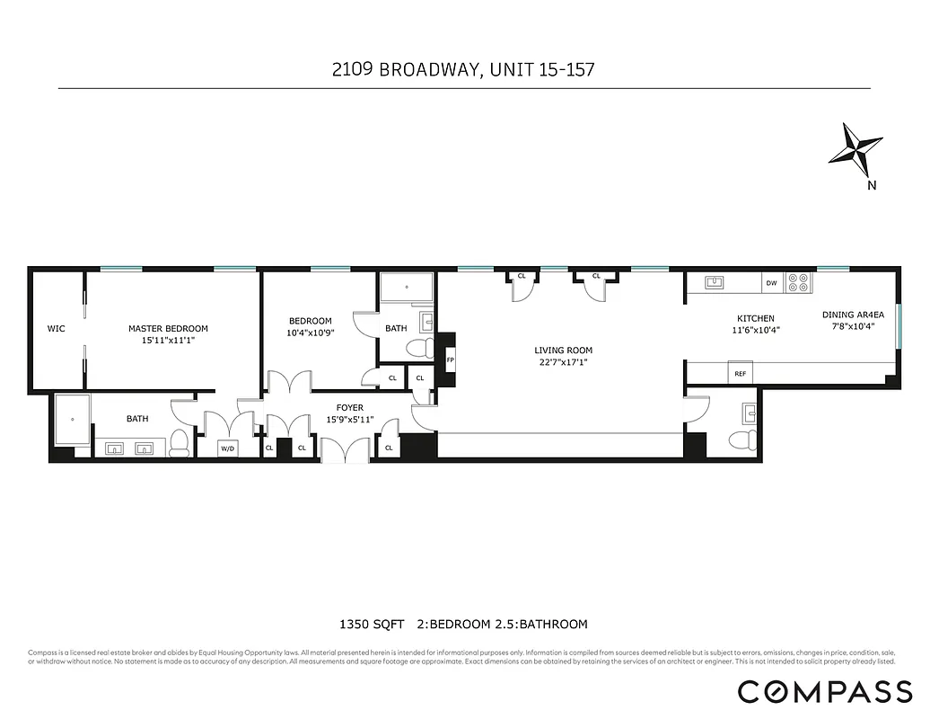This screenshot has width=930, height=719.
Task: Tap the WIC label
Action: pos(56,329)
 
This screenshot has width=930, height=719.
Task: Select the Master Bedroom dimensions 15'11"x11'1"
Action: pos(168,341)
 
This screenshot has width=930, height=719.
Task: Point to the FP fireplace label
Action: pos(450,359)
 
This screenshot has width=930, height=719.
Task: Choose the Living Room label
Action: pos(563,351)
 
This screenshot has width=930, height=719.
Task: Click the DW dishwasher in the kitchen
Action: pos(771,283)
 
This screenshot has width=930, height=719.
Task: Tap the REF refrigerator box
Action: pos(741,373)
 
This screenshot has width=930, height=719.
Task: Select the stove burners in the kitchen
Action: pos(797,282)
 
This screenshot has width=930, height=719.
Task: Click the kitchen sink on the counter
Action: pos(715,282)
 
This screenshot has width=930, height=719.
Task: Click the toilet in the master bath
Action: pos(180,441)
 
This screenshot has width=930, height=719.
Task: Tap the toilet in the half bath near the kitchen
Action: pos(741,440)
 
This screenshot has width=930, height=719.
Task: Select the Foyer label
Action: pos(350,407)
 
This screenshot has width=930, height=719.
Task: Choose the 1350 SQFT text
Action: pos(370,624)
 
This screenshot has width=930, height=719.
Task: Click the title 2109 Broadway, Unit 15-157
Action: pos(463,69)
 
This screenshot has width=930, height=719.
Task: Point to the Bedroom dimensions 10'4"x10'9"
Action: pos(310,333)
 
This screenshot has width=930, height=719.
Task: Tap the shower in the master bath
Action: pos(73,419)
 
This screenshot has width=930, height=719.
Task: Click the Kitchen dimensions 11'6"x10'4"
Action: pos(755,330)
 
